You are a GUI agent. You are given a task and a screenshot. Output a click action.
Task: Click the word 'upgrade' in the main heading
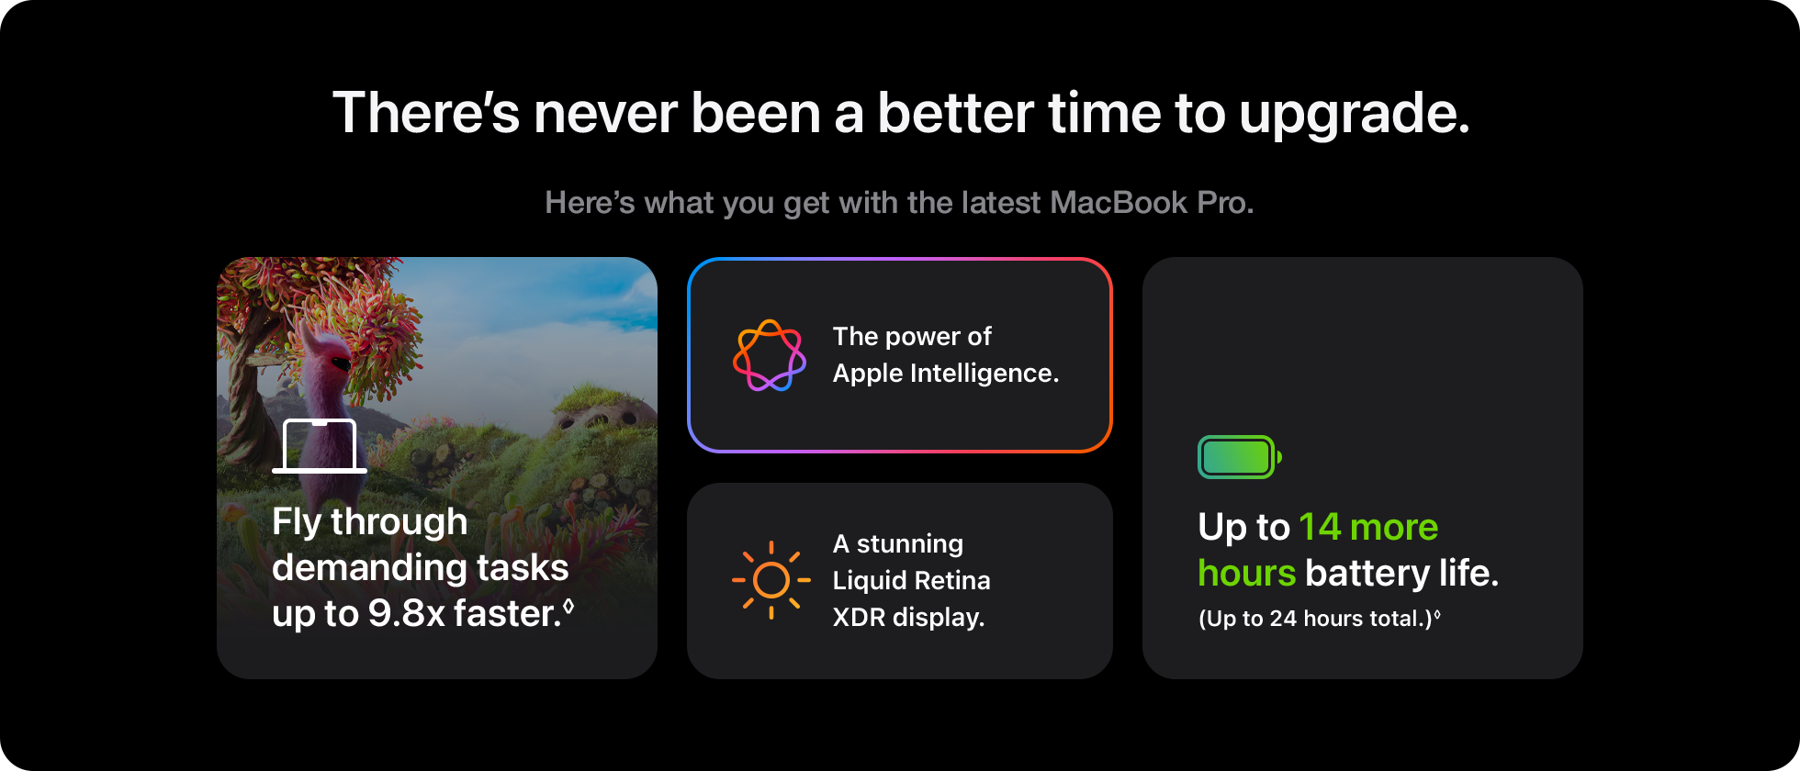coord(1354,114)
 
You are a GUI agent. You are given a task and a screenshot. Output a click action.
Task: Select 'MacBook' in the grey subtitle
coord(1119,203)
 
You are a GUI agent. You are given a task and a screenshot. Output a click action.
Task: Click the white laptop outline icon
coord(320,446)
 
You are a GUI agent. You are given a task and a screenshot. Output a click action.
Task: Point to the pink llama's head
coord(326,353)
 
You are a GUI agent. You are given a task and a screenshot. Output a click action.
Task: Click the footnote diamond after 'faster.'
coord(568,605)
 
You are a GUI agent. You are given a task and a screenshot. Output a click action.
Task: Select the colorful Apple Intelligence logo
coord(770,355)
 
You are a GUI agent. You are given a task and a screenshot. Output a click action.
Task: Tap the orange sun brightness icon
coord(771,580)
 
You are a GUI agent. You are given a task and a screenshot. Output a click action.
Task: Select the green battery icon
coord(1239,457)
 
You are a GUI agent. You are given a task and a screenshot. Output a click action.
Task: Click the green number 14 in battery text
coord(1320,527)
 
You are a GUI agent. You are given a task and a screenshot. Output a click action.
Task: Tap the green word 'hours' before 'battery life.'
coord(1246,574)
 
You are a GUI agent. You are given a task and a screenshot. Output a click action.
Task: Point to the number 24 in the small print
coord(1283,619)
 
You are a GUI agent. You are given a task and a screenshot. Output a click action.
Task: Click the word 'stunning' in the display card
coord(909,544)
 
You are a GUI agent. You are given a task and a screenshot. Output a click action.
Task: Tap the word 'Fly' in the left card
coord(296,522)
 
